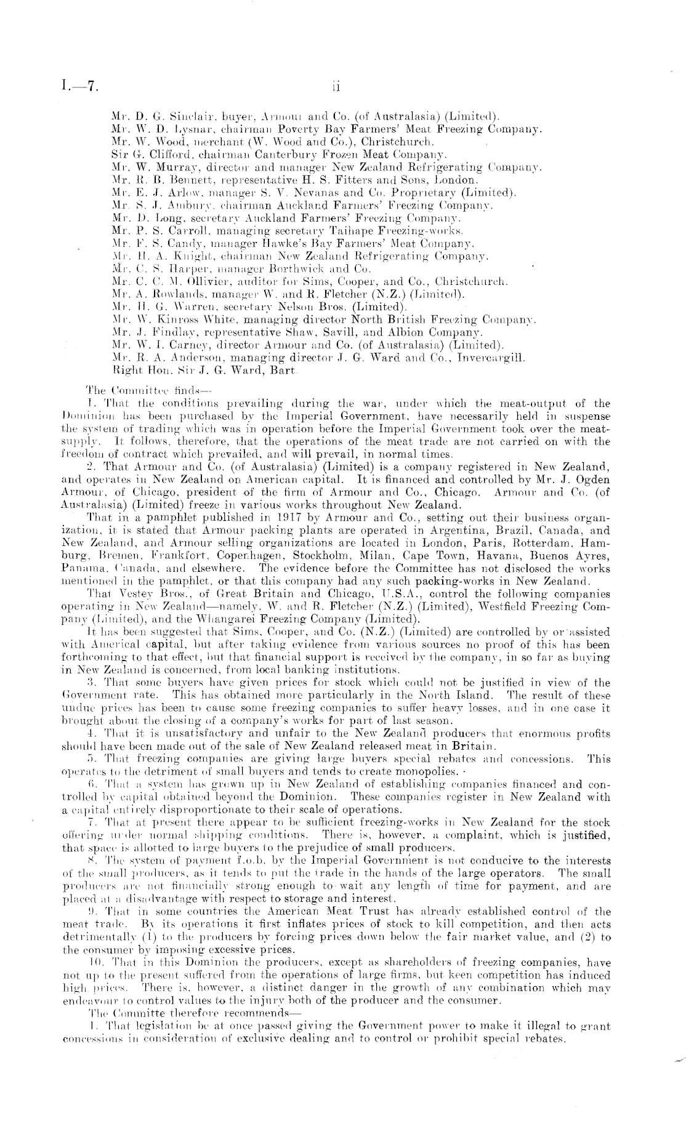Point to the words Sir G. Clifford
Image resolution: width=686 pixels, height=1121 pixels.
click(145, 154)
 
